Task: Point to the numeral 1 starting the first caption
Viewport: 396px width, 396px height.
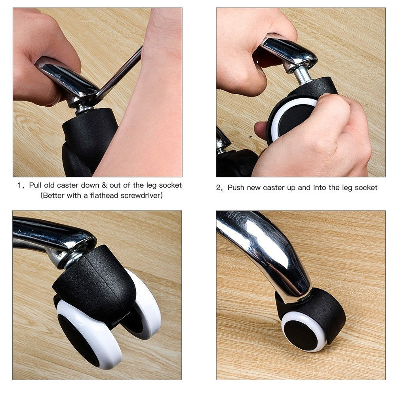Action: coord(19,185)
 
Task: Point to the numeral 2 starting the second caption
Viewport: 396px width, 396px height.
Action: coord(218,187)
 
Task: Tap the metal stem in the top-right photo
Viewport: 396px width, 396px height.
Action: coord(303,75)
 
